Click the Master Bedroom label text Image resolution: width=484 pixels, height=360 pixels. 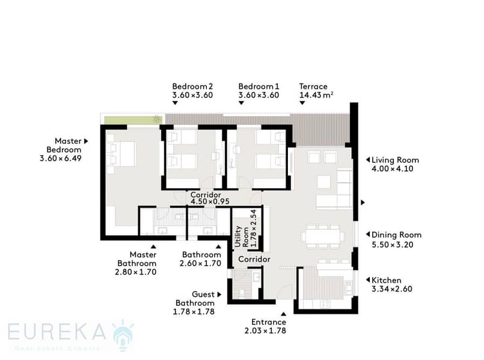point(64,145)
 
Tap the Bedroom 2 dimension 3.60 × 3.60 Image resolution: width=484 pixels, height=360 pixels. point(192,95)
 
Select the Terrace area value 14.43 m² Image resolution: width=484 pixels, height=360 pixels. point(316,95)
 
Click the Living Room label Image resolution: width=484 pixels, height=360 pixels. point(395,160)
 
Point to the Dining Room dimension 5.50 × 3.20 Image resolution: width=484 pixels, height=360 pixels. point(393,245)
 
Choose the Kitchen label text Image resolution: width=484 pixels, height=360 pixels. point(387,280)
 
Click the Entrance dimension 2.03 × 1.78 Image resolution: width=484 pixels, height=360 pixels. point(266,331)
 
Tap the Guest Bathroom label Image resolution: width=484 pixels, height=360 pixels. point(195,299)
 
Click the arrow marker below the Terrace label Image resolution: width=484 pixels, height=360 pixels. point(302,103)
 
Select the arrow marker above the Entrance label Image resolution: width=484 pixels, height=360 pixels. point(283,314)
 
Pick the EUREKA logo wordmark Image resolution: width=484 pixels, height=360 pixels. point(57,332)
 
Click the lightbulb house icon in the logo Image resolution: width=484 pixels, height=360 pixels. point(123,335)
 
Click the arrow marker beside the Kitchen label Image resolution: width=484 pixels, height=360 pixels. point(367,280)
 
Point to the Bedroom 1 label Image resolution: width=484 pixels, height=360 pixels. point(259,87)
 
